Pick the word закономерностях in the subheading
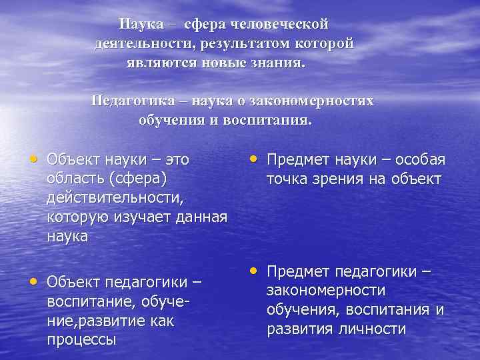click(x=318, y=101)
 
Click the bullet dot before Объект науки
click(x=33, y=159)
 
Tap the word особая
click(x=420, y=160)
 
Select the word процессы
click(x=81, y=340)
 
